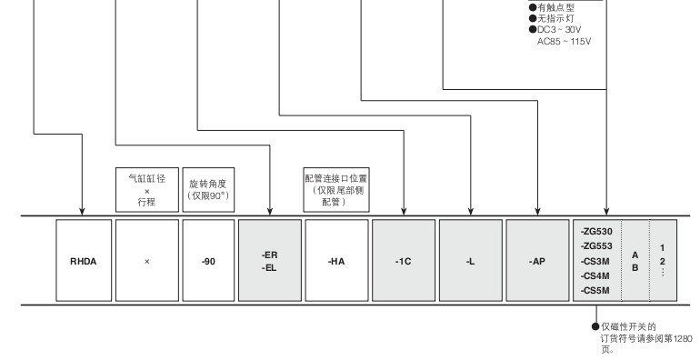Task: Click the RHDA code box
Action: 84,260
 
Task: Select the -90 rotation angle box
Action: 208,260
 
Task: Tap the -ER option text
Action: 270,255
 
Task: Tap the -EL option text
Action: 270,268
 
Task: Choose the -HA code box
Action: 336,260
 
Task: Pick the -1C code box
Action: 404,260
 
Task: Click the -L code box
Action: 471,260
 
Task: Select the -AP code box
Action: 537,260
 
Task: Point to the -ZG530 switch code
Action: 596,232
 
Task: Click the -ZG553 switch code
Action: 596,246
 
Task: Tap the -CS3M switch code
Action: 595,261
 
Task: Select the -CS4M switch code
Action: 595,276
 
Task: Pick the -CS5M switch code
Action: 595,291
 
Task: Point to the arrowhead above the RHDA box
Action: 82,211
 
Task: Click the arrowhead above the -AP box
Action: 537,211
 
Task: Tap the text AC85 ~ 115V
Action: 564,42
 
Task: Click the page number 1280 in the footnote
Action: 683,338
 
